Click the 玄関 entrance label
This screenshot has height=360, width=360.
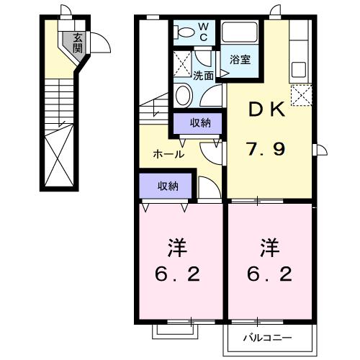pyautogui.click(x=78, y=42)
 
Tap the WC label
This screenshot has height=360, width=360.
pyautogui.click(x=203, y=32)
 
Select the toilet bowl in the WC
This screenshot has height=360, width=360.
pyautogui.click(x=184, y=32)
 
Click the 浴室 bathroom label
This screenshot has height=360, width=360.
pyautogui.click(x=240, y=59)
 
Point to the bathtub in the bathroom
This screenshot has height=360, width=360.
pyautogui.click(x=239, y=32)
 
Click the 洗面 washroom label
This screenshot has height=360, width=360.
pyautogui.click(x=203, y=76)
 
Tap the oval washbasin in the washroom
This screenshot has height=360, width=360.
pyautogui.click(x=184, y=95)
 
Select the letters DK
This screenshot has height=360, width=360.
pyautogui.click(x=267, y=110)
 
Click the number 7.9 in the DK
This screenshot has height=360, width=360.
pyautogui.click(x=266, y=149)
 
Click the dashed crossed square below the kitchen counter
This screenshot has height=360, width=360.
pyautogui.click(x=301, y=95)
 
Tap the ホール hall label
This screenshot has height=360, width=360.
pyautogui.click(x=168, y=154)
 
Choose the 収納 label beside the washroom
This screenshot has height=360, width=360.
pyautogui.click(x=200, y=123)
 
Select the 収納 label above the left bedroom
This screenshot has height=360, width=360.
pyautogui.click(x=168, y=186)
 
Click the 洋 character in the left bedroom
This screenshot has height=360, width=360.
pyautogui.click(x=178, y=247)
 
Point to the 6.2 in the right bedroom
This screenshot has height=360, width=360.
pyautogui.click(x=270, y=274)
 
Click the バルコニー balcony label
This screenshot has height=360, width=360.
pyautogui.click(x=268, y=338)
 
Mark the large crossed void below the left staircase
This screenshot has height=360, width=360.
pyautogui.click(x=59, y=155)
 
